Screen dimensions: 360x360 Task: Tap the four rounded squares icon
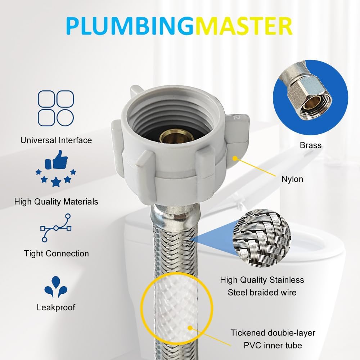click(56, 108)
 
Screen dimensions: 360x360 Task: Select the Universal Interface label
click(56, 140)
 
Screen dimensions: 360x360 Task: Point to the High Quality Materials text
click(56, 202)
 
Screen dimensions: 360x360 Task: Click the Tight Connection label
click(56, 253)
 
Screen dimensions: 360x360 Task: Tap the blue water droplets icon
click(56, 286)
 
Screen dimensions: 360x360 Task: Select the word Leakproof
click(56, 307)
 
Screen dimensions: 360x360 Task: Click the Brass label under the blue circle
click(310, 145)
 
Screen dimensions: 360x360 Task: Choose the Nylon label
click(292, 179)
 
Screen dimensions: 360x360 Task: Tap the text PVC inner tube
click(266, 346)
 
